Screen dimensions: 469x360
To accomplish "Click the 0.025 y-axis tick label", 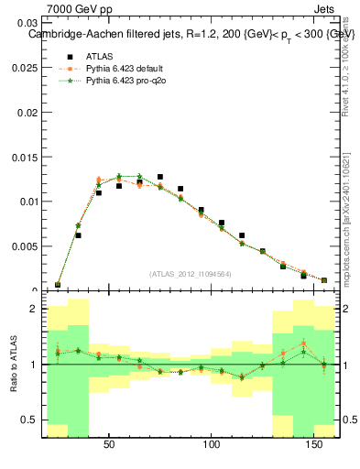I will [x=26, y=67].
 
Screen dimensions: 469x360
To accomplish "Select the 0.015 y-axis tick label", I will [x=26, y=157].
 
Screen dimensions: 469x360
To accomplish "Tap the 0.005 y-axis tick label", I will [x=26, y=246].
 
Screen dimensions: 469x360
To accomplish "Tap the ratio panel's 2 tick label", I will [x=34, y=309].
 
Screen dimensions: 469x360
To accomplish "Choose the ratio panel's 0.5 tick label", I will [x=30, y=420].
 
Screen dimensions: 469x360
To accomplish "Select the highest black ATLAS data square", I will [x=160, y=177].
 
